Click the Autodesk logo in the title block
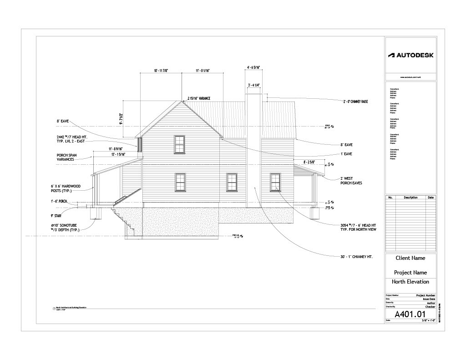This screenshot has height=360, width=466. tap(410, 55)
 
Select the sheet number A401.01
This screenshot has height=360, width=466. tap(410, 314)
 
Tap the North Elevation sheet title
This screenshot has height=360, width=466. tap(410, 282)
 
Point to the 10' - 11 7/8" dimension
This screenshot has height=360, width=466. tap(161, 71)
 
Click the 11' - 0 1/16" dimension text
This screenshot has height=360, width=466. tap(203, 71)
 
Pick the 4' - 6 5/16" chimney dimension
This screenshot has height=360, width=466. tap(253, 68)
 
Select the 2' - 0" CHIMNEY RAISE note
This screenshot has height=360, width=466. tap(355, 101)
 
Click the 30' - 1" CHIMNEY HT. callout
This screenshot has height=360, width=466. tap(357, 257)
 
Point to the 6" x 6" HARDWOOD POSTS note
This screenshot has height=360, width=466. tap(66, 188)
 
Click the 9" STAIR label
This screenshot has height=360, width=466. tap(56, 216)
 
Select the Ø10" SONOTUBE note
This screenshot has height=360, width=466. tap(66, 228)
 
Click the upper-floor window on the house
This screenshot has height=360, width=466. tap(180, 144)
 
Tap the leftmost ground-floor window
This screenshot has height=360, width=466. tap(180, 183)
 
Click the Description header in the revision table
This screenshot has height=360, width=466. tap(410, 198)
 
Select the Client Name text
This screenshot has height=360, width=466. tap(410, 258)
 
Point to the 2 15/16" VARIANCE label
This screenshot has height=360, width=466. tap(199, 98)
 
